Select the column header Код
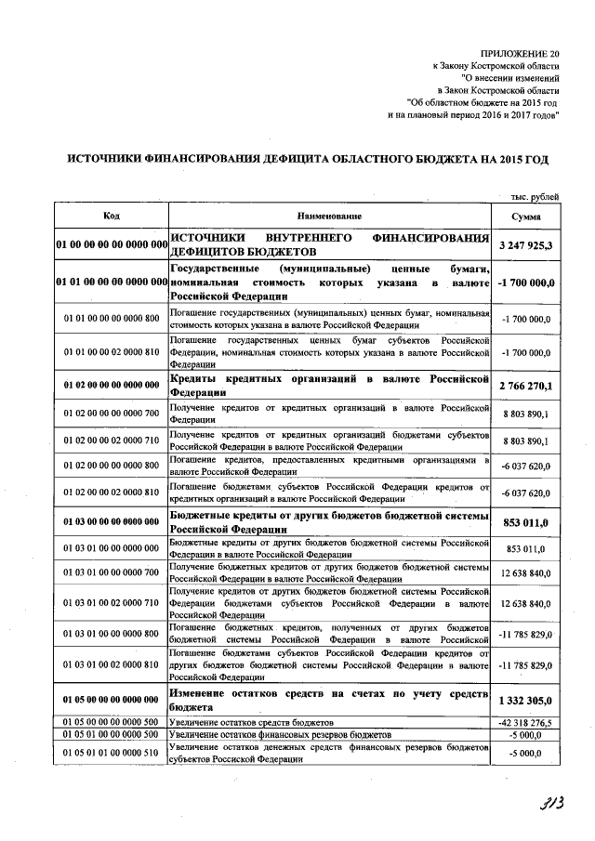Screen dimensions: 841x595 [x=111, y=216]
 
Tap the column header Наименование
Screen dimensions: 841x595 [x=329, y=216]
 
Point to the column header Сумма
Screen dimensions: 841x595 [x=526, y=216]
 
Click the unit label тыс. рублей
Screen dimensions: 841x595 [x=535, y=196]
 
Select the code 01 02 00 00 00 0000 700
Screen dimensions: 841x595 [x=112, y=413]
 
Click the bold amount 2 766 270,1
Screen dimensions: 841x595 [x=526, y=386]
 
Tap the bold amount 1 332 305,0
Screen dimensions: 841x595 [x=526, y=701]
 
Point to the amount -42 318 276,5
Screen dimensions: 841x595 [x=526, y=722]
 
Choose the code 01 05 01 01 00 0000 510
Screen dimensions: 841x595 [x=112, y=753]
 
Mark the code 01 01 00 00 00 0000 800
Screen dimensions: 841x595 [x=112, y=319]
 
